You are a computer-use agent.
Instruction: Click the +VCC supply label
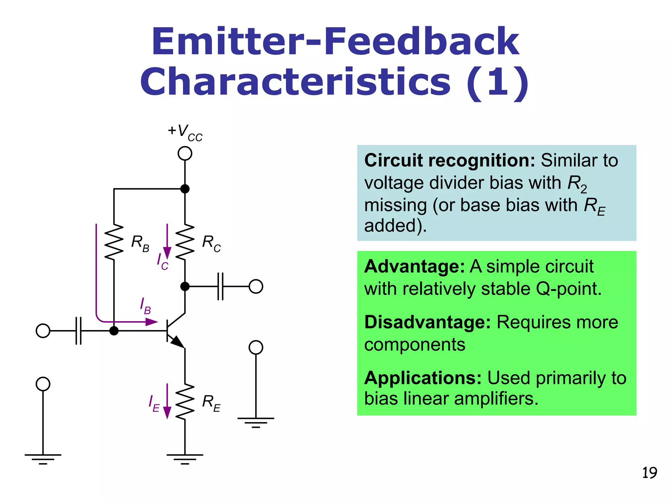click(x=185, y=132)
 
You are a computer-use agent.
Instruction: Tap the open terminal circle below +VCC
click(x=185, y=153)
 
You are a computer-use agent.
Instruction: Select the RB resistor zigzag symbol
click(x=114, y=242)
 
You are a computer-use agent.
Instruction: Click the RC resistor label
click(x=211, y=243)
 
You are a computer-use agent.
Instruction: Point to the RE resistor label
click(x=211, y=403)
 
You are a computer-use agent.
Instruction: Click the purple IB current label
click(x=145, y=306)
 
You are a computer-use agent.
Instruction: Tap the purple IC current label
click(x=162, y=262)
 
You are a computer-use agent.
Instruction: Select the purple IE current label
click(x=154, y=403)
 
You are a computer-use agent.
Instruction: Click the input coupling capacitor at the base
click(x=79, y=331)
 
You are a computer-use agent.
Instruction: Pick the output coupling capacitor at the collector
click(x=220, y=286)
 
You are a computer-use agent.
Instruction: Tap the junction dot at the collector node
click(x=185, y=286)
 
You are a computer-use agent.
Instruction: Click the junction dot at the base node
click(x=114, y=331)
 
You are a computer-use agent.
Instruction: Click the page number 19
click(x=649, y=473)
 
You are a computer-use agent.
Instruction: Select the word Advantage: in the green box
click(x=414, y=266)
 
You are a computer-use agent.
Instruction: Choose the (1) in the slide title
click(x=497, y=82)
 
